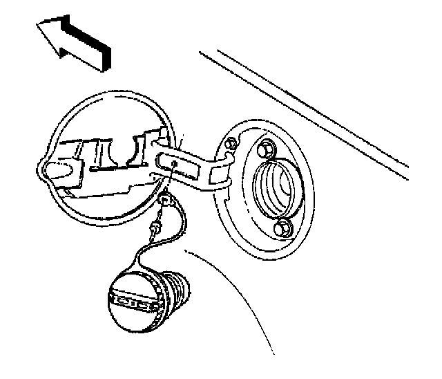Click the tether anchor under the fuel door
(x=165, y=201)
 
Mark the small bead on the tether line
(x=157, y=226)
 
